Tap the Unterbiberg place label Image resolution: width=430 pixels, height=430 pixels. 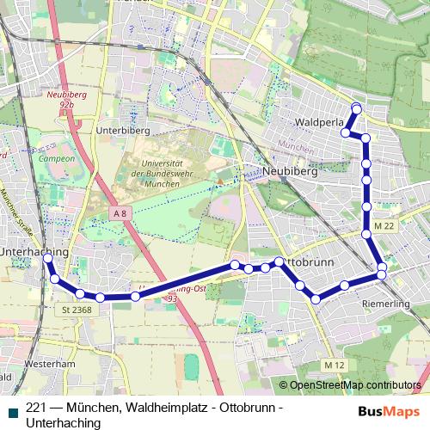tap(124, 130)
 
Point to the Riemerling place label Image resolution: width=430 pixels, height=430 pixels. tap(385, 304)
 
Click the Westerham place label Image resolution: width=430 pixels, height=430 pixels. tap(45, 364)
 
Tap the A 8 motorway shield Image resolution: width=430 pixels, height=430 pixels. tap(120, 212)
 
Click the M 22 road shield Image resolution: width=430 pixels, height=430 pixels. tap(384, 226)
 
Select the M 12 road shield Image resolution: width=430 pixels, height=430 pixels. tap(335, 365)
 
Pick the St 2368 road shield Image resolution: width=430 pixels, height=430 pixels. tap(77, 310)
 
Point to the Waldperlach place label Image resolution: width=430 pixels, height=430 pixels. tap(319, 123)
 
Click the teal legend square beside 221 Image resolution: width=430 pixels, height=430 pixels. tap(11, 409)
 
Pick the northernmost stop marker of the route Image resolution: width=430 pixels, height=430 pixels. tap(356, 107)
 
